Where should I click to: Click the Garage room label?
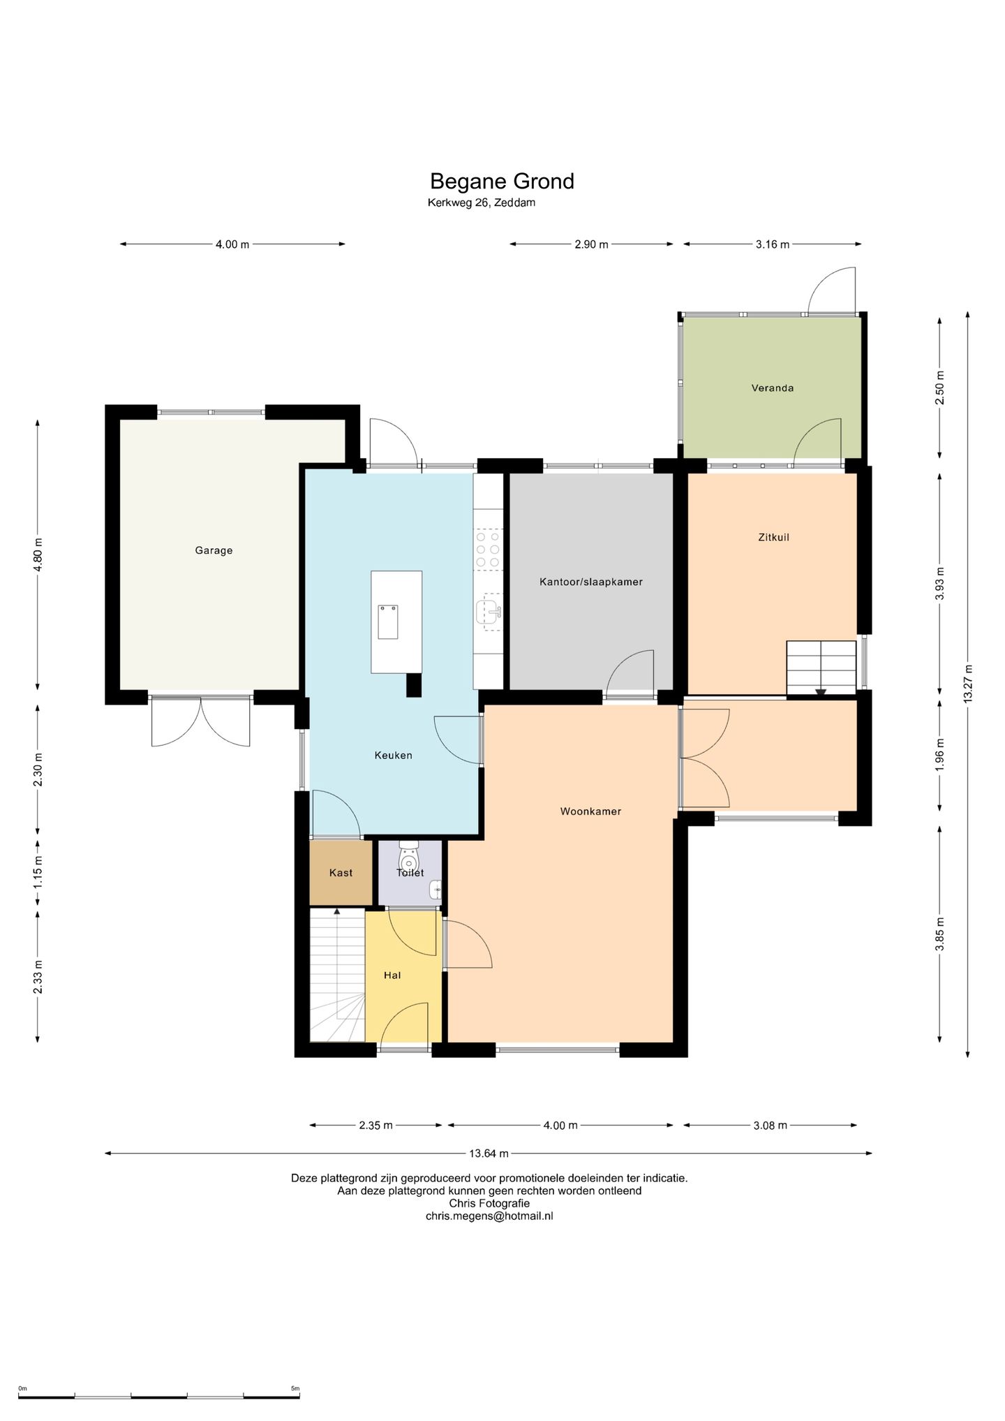coord(214,550)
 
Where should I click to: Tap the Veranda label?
coord(773,388)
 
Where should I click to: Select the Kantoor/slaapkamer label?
coord(591,582)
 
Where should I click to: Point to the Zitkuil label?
coord(773,537)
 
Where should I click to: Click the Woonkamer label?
coord(590,811)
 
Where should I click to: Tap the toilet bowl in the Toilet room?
coord(409,855)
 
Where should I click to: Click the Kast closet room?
coord(341,873)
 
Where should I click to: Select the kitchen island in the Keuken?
coord(396,622)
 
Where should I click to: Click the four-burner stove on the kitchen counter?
coord(488,550)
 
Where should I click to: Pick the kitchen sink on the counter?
coord(489,612)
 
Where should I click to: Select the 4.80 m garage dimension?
coord(38,554)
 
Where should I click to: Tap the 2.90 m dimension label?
coord(591,244)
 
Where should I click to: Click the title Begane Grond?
coord(502,182)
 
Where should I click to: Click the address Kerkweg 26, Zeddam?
coord(482,203)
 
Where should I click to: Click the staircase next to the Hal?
coord(337,975)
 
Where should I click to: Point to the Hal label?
coord(392,975)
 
